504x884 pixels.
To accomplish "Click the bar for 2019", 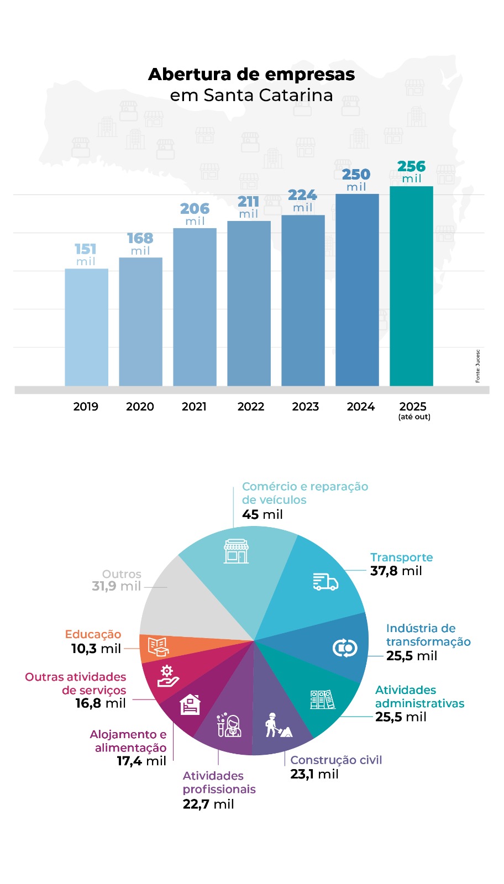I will tap(86, 327).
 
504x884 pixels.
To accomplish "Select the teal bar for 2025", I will tap(411, 286).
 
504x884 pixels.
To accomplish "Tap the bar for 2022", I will tap(249, 303).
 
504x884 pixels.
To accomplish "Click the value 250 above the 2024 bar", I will tap(356, 175).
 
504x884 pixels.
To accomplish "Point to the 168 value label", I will tap(140, 238).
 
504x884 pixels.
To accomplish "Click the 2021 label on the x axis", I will tap(194, 407).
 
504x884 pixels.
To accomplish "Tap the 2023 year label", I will tap(305, 407).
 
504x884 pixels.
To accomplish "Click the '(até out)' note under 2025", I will tap(414, 417).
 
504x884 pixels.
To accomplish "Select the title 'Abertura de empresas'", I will tap(251, 74).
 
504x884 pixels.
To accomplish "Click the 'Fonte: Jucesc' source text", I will tap(478, 366).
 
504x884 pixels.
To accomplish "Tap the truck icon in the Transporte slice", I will tap(326, 582).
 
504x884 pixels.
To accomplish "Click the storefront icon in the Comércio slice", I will tap(236, 551).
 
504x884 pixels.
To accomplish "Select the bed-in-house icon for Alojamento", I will tap(190, 704).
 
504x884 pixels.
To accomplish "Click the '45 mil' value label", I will tap(262, 514).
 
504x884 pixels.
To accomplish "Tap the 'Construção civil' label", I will tap(336, 760).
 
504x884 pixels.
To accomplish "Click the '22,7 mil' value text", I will tap(208, 804).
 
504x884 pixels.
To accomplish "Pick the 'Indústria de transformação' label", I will tap(428, 635).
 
